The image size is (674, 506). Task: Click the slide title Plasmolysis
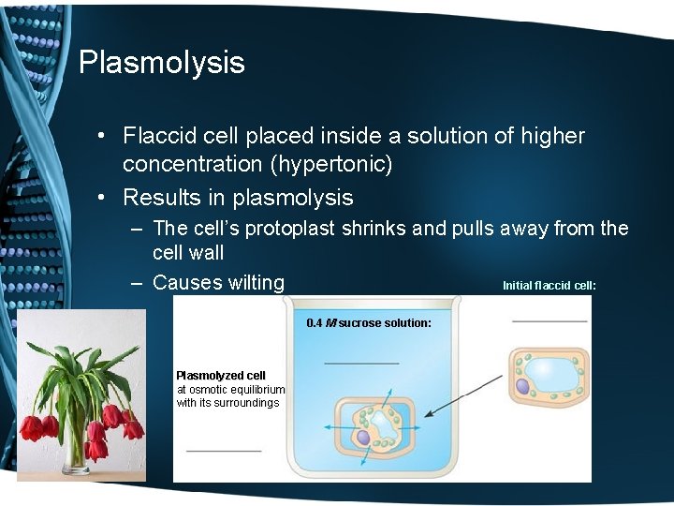[161, 63]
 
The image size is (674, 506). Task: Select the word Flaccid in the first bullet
[158, 136]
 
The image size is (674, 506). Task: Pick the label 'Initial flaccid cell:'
[549, 285]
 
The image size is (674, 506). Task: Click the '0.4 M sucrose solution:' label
[369, 323]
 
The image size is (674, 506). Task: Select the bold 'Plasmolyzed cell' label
[221, 376]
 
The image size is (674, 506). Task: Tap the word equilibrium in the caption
[255, 390]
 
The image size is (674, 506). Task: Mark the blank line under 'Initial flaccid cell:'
[549, 321]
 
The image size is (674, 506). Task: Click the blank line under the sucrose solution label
[361, 363]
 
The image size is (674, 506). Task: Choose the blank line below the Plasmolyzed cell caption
[224, 451]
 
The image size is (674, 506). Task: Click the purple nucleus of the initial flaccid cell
[522, 385]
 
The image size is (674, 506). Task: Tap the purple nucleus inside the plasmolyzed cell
[362, 437]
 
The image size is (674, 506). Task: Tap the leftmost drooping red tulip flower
[33, 428]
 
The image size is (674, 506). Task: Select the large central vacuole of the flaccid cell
[552, 373]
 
